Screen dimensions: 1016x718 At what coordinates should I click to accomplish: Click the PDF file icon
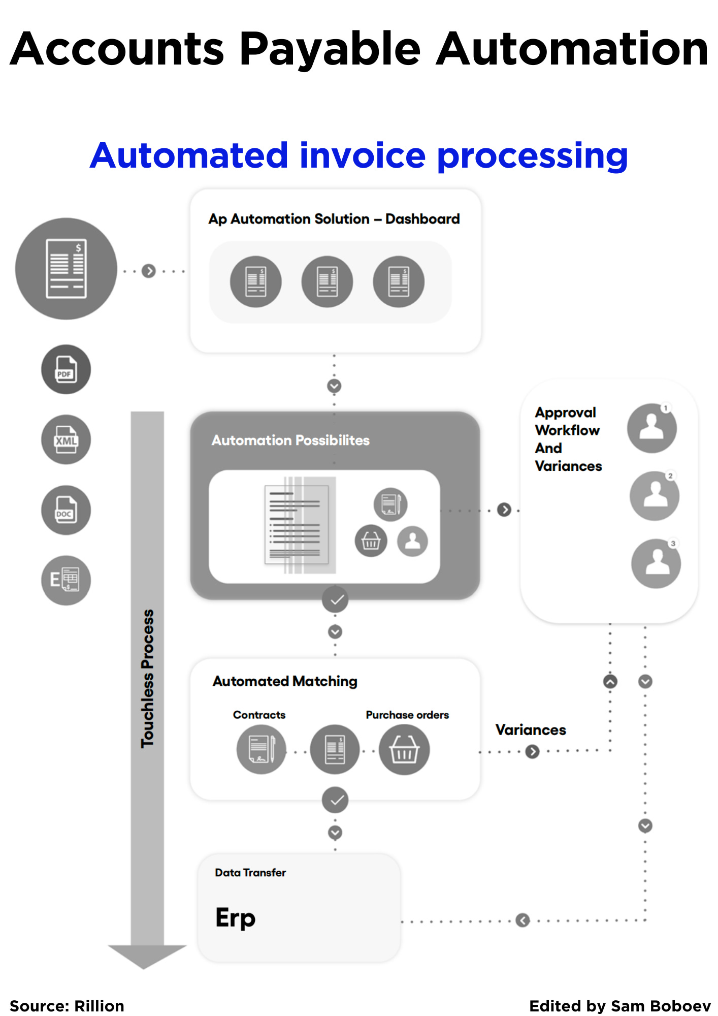pyautogui.click(x=66, y=369)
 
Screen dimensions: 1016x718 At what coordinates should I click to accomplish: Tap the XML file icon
pyautogui.click(x=66, y=440)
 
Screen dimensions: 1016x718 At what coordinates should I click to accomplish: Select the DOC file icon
pyautogui.click(x=66, y=510)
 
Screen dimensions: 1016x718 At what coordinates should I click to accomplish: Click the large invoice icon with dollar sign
pyautogui.click(x=66, y=269)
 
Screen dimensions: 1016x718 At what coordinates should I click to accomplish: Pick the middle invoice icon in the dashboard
pyautogui.click(x=327, y=281)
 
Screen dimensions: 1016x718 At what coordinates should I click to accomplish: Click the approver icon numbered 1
pyautogui.click(x=651, y=428)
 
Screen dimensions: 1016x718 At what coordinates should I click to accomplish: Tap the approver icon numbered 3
pyautogui.click(x=656, y=564)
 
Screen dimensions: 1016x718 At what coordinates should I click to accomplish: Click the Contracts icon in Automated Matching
pyautogui.click(x=262, y=749)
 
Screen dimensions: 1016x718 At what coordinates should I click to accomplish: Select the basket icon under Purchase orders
pyautogui.click(x=404, y=749)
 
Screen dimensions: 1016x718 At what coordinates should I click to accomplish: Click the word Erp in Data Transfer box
pyautogui.click(x=235, y=917)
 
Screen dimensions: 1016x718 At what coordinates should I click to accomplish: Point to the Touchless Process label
pyautogui.click(x=147, y=679)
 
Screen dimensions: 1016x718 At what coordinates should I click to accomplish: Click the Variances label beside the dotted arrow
pyautogui.click(x=531, y=730)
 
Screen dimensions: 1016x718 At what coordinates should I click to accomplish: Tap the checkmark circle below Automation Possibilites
pyautogui.click(x=335, y=600)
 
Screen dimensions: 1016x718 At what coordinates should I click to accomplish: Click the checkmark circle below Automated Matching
pyautogui.click(x=335, y=800)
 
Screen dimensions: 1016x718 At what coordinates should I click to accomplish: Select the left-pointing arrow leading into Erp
pyautogui.click(x=523, y=920)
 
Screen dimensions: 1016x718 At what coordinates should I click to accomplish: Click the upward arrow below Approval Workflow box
pyautogui.click(x=610, y=681)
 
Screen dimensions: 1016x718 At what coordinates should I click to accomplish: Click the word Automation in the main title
pyautogui.click(x=572, y=49)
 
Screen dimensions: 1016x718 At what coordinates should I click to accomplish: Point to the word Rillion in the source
pyautogui.click(x=99, y=1006)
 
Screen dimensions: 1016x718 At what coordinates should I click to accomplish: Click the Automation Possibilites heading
pyautogui.click(x=290, y=440)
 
